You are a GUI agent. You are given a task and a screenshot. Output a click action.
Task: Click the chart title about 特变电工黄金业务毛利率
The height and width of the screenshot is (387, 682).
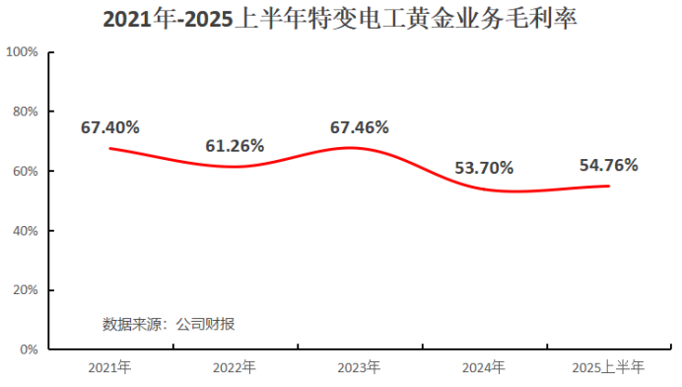pyautogui.click(x=340, y=19)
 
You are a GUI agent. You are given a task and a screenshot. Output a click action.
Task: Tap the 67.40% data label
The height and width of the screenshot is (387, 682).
pyautogui.click(x=110, y=126)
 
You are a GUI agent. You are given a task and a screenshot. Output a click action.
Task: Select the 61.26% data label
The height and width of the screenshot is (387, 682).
pyautogui.click(x=235, y=145)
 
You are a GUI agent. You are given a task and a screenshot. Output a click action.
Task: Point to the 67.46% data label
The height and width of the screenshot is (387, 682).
pyautogui.click(x=360, y=126)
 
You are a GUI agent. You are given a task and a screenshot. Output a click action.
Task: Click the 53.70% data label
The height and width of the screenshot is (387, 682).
pyautogui.click(x=484, y=167)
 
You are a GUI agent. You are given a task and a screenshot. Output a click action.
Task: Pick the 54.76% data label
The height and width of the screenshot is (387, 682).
pyautogui.click(x=608, y=165)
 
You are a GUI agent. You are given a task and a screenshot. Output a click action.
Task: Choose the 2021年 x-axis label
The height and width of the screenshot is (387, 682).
pyautogui.click(x=109, y=367)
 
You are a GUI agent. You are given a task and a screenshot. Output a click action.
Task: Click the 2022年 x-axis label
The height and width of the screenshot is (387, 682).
pyautogui.click(x=235, y=367)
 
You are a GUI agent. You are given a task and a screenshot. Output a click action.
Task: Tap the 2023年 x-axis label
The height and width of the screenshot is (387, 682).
pyautogui.click(x=359, y=367)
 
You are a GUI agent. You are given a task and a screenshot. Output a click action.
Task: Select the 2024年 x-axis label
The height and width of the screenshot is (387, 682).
pyautogui.click(x=484, y=367)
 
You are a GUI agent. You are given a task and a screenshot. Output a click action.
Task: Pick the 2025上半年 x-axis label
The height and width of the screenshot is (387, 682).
pyautogui.click(x=608, y=367)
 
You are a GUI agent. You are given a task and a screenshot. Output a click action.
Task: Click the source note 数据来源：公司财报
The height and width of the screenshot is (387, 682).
pyautogui.click(x=169, y=323)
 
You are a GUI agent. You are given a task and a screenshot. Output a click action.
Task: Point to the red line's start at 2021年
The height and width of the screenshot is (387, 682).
pyautogui.click(x=109, y=148)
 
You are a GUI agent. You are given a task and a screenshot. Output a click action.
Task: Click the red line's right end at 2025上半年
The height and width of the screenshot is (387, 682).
pyautogui.click(x=608, y=186)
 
